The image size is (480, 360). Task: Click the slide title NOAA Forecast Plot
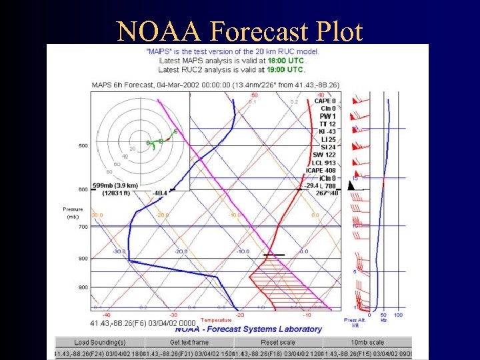coord(239,31)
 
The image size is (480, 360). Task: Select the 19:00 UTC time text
coord(285,69)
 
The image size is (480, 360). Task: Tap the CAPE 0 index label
coord(325,101)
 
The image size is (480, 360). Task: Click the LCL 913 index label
coord(325,163)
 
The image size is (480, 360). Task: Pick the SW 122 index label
coord(325,155)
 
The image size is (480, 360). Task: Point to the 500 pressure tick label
coord(83,145)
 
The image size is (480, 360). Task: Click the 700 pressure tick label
coord(83,227)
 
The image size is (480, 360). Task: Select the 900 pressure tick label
coord(83,287)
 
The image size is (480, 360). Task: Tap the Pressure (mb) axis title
coord(73,213)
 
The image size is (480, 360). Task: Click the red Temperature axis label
coord(216,320)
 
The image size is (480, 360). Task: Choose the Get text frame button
coord(189,342)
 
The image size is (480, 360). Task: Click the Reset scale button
coord(278,342)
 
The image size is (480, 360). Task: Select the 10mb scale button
coord(367,342)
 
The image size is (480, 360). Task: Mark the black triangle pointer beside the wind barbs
coord(351,185)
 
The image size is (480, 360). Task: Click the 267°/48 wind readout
coord(327,193)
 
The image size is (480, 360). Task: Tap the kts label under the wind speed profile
coord(383,320)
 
